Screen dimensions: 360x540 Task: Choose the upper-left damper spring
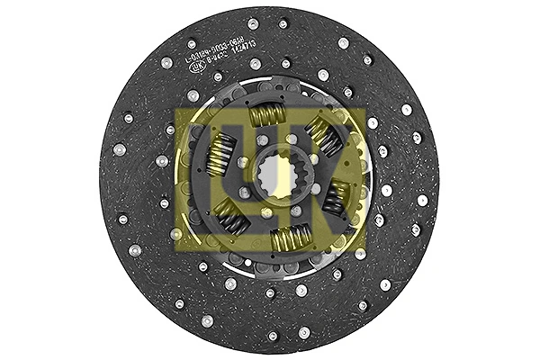pyautogui.click(x=219, y=154)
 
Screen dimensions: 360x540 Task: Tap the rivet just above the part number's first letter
pyautogui.click(x=191, y=42)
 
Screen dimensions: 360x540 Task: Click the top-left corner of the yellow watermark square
pyautogui.click(x=176, y=110)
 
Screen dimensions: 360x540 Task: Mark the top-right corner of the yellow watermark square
pyautogui.click(x=365, y=110)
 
